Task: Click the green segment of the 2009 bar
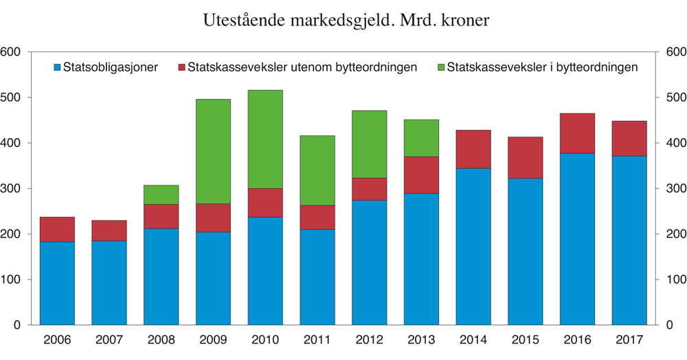213,151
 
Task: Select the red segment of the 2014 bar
473,149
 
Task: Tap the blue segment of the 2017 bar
629,240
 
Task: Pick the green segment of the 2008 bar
161,194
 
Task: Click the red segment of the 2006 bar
57,229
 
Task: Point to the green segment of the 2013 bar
421,138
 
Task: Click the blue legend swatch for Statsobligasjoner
58,67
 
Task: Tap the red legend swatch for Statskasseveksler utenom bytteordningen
182,67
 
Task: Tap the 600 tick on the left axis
12,52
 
